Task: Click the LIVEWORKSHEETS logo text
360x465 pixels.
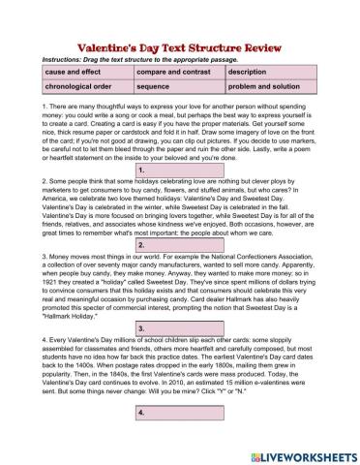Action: pyautogui.click(x=302, y=454)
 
